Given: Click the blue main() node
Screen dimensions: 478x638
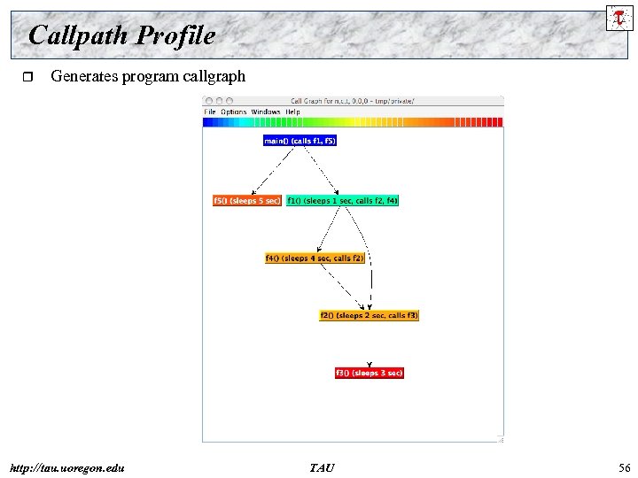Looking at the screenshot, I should tap(300, 141).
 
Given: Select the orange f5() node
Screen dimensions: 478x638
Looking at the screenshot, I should tap(246, 201).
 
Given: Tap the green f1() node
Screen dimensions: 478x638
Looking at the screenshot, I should tap(342, 201).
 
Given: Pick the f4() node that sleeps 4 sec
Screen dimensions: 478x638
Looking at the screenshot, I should tap(315, 258).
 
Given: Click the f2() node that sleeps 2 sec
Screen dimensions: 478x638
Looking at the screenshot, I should tap(369, 315).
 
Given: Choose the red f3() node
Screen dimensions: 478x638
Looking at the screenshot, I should tap(369, 373).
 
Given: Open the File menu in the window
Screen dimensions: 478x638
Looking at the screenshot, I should tap(210, 112).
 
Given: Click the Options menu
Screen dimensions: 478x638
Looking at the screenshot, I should tap(233, 112).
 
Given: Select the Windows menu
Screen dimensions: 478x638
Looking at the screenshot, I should tap(265, 112).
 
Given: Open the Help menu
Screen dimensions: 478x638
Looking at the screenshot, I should tap(292, 112).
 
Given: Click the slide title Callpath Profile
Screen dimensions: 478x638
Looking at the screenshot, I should tap(121, 35).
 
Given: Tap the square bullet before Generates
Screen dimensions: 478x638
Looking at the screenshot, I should tap(26, 78).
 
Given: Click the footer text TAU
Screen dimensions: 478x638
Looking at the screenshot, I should tap(322, 466).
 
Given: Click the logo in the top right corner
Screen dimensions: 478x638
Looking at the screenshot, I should tap(619, 17).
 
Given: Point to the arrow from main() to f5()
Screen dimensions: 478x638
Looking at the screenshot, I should tap(273, 170).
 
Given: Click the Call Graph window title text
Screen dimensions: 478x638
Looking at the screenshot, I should tap(352, 101).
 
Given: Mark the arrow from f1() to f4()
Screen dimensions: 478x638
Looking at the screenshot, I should tap(329, 229).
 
